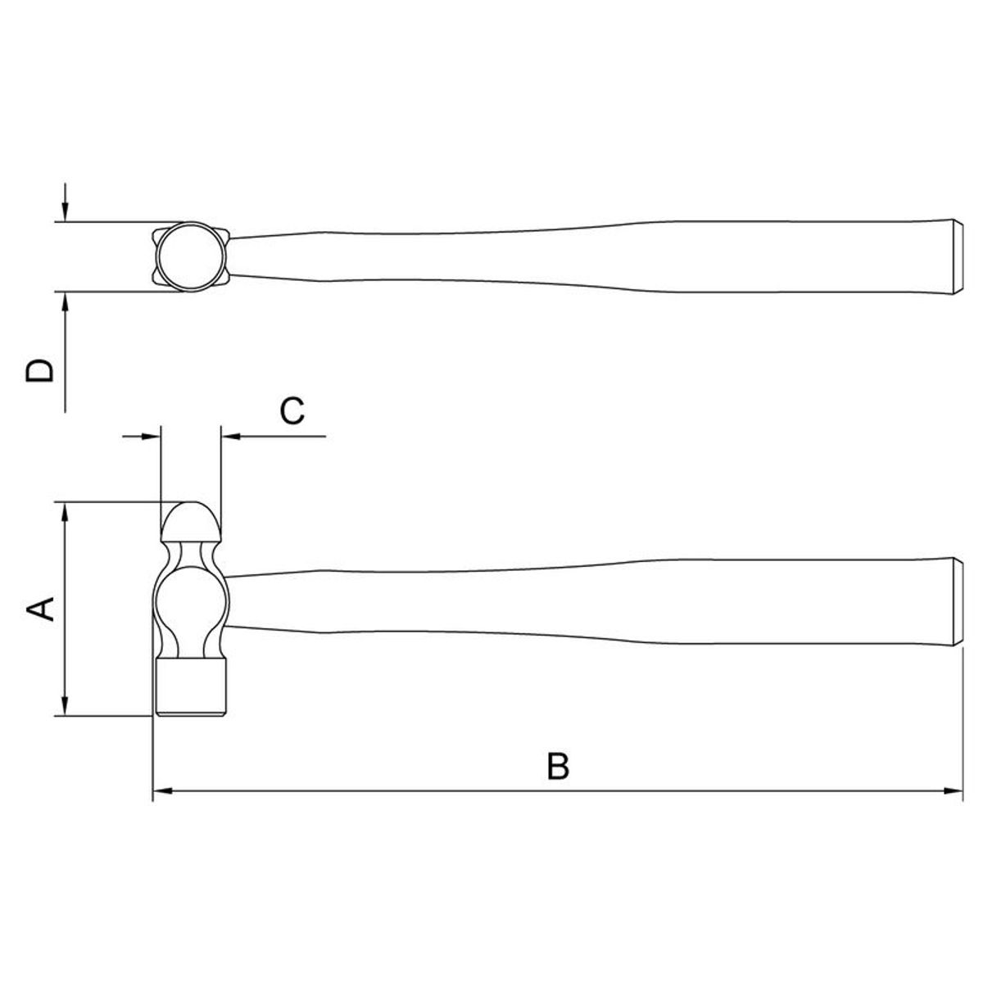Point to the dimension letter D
coord(40,371)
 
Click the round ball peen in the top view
coord(192,256)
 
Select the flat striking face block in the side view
coord(191,686)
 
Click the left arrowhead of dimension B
coord(162,790)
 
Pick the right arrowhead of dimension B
coord(953,790)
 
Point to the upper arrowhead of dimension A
coord(65,512)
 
